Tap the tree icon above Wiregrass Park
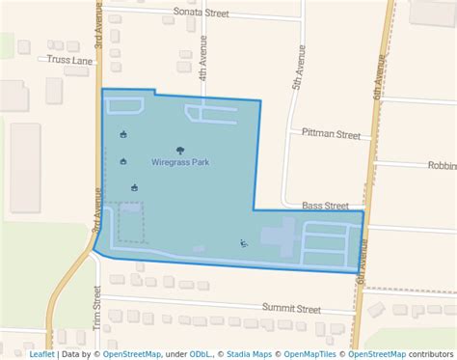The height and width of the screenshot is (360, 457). pyautogui.click(x=181, y=149)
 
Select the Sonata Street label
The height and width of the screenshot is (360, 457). pyautogui.click(x=201, y=14)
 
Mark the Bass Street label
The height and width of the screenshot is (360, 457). pyautogui.click(x=325, y=206)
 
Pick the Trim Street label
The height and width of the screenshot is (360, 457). pyautogui.click(x=97, y=305)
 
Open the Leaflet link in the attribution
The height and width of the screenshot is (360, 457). pyautogui.click(x=42, y=353)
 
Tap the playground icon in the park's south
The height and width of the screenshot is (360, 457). pyautogui.click(x=244, y=242)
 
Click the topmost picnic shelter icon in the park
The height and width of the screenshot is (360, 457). pyautogui.click(x=122, y=135)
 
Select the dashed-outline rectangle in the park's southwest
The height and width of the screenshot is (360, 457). pyautogui.click(x=123, y=221)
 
